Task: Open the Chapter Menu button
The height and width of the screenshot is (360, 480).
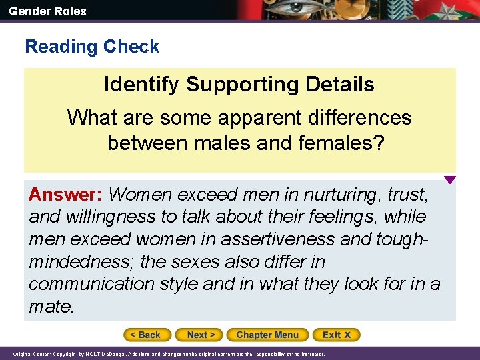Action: [x=267, y=335]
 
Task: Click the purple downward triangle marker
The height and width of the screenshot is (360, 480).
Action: [x=450, y=180]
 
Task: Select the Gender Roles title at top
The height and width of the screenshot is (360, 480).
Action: [x=47, y=11]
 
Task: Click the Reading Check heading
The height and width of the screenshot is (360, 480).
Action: [x=92, y=47]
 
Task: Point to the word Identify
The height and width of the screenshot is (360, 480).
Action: [x=142, y=85]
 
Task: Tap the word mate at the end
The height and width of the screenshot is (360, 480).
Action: [x=51, y=307]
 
